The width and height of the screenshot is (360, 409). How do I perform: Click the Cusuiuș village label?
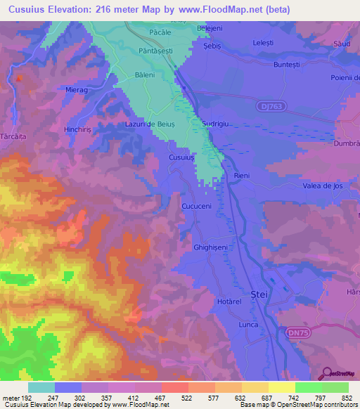coord(181,158)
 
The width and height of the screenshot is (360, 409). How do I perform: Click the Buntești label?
coord(291,63)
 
